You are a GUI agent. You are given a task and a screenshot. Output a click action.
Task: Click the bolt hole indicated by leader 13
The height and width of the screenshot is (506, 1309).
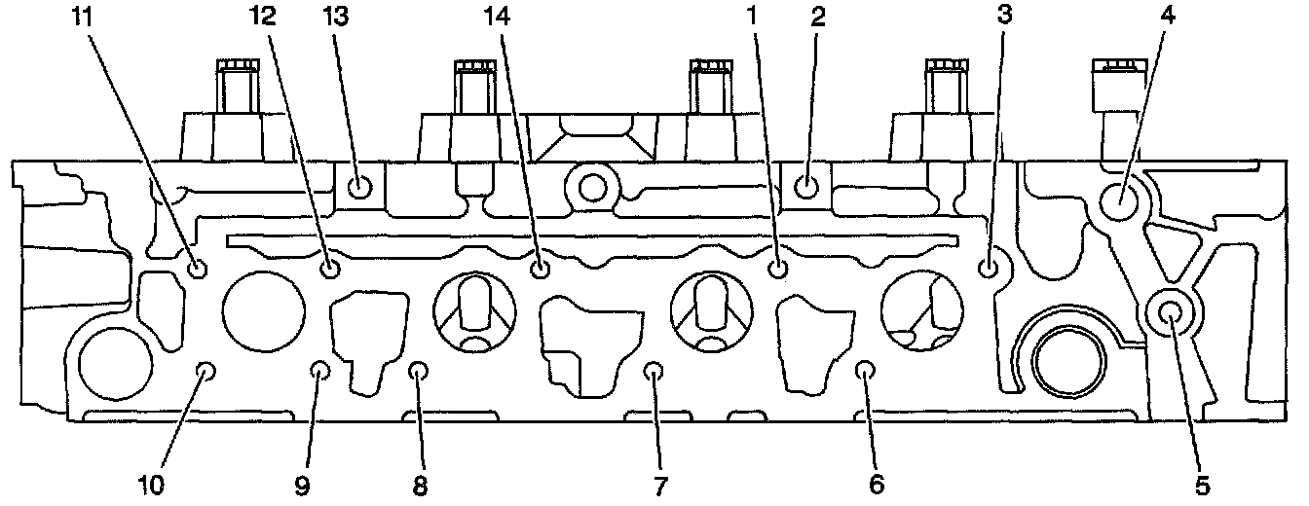[x=359, y=185]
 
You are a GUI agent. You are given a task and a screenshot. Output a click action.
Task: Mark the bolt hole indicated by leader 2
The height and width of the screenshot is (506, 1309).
[x=806, y=185]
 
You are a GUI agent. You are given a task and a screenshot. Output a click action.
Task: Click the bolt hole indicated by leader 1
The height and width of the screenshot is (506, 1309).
[x=777, y=269]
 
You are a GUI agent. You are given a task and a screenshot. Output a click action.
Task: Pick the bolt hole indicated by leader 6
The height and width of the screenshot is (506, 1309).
[x=864, y=369]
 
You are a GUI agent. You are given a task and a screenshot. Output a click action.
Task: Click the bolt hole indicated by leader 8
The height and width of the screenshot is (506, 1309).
[x=418, y=371]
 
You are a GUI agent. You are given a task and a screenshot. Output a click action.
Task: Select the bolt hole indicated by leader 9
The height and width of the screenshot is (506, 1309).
[x=319, y=370]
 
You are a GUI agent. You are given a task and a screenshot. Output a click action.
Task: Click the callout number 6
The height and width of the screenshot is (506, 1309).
[x=876, y=484]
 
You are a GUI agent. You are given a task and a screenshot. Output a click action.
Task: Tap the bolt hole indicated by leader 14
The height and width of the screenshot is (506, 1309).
[x=542, y=268]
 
